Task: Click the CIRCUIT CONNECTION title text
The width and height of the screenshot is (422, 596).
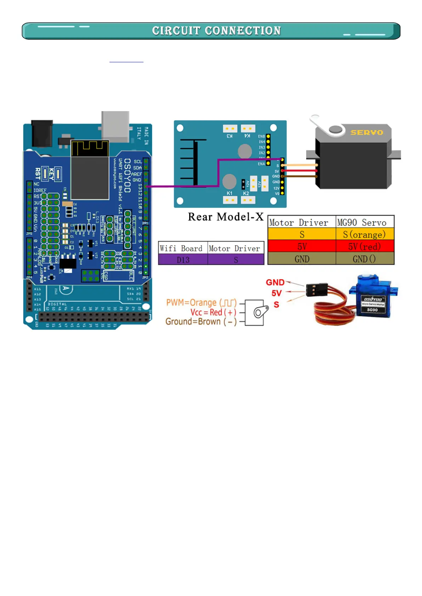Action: [x=216, y=31]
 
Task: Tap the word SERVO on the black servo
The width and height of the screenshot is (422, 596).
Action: [x=367, y=132]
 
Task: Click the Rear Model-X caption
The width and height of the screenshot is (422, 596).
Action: [x=226, y=217]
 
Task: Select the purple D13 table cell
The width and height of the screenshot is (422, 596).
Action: [x=183, y=260]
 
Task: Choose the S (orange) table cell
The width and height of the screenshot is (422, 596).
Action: [x=364, y=234]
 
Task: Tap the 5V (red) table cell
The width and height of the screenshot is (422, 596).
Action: [x=364, y=246]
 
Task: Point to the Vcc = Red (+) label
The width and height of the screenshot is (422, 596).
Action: [x=213, y=313]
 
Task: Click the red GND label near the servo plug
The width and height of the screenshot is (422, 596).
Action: [x=275, y=282]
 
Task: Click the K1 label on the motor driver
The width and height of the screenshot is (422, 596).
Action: [x=230, y=193]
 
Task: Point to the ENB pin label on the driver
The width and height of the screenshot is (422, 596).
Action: [x=261, y=136]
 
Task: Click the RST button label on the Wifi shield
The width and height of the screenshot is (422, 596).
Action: [x=38, y=173]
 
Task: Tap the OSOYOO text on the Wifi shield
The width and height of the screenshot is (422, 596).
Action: [x=127, y=175]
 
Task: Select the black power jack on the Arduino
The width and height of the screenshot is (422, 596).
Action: [x=42, y=133]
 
